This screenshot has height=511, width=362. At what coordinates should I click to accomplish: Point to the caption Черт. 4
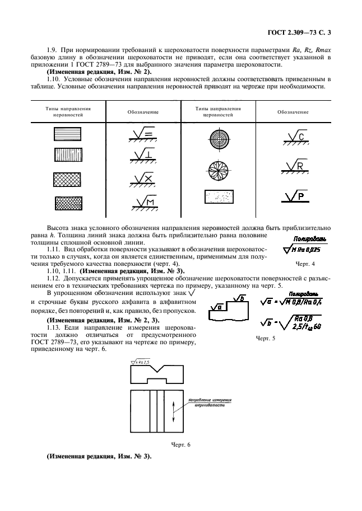pyautogui.click(x=305, y=263)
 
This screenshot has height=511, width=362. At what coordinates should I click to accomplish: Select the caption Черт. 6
pyautogui.click(x=181, y=445)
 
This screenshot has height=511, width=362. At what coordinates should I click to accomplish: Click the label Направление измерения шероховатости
pyautogui.click(x=210, y=403)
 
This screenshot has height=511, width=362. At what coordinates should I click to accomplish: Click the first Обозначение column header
pyautogui.click(x=143, y=112)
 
